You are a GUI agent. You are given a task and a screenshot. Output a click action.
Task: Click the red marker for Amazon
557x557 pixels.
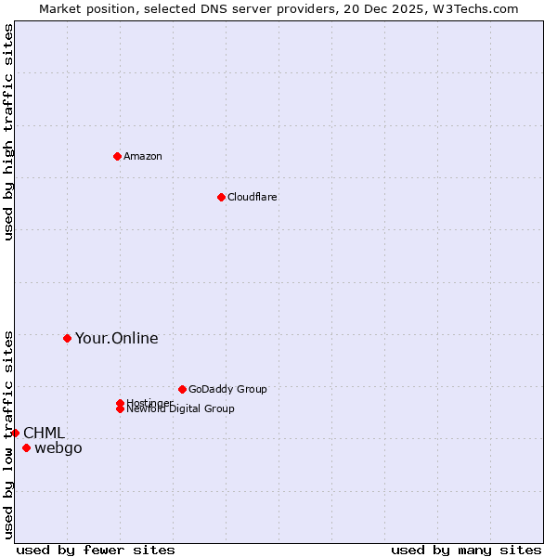[x=117, y=156]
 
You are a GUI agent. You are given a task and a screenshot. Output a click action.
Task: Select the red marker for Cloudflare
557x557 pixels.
[x=221, y=197]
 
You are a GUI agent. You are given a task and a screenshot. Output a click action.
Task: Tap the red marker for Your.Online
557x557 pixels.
[x=67, y=338]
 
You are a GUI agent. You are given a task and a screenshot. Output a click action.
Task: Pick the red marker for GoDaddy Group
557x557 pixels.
[x=182, y=389]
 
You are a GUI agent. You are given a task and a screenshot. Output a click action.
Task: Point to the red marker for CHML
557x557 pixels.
[x=15, y=433]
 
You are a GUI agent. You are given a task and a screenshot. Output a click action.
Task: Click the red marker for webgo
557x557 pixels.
[x=26, y=448]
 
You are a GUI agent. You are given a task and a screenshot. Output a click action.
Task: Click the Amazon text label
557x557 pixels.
[x=143, y=156]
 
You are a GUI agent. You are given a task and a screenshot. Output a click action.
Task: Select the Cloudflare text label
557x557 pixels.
[x=253, y=197]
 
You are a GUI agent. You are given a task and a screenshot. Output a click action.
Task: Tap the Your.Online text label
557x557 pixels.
[x=117, y=338]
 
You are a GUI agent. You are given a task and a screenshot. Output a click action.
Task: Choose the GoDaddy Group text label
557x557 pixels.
[x=227, y=389]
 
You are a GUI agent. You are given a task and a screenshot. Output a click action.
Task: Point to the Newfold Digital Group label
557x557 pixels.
[x=180, y=409]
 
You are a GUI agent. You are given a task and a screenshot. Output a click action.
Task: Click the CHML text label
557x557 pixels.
[x=44, y=433]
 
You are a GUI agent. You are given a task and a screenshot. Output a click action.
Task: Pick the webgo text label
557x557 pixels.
[x=58, y=448]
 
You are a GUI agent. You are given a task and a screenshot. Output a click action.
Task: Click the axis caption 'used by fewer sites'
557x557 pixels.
[x=96, y=550]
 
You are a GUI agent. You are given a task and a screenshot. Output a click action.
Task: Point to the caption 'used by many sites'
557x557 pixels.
[x=466, y=550]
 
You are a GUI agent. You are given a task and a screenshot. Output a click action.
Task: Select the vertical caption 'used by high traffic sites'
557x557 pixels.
[x=8, y=132]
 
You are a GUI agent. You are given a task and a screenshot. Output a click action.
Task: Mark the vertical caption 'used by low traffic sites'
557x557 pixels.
[x=8, y=434]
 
